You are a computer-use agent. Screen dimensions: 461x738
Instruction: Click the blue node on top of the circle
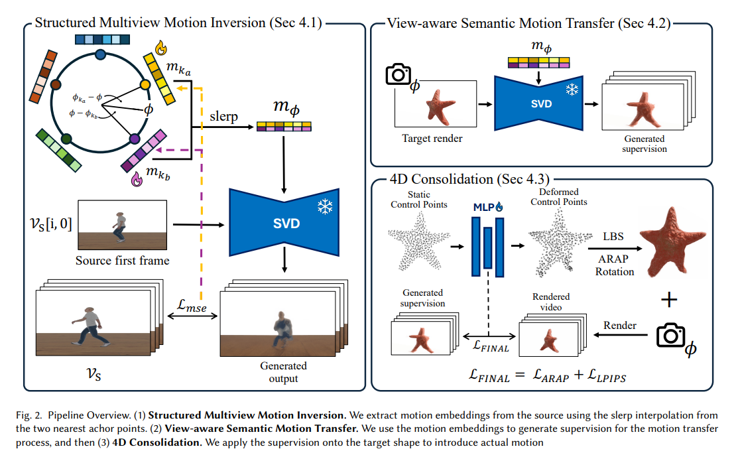100,54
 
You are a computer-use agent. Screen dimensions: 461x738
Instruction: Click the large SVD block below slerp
286,223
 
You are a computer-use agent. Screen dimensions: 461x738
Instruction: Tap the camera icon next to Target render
399,75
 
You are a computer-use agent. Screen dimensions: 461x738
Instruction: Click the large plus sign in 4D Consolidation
670,300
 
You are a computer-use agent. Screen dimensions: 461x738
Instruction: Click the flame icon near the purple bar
138,178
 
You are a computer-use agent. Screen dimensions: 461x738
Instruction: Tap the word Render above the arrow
620,325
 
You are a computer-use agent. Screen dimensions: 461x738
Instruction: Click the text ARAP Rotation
615,265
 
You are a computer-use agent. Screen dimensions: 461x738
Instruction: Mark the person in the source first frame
119,226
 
